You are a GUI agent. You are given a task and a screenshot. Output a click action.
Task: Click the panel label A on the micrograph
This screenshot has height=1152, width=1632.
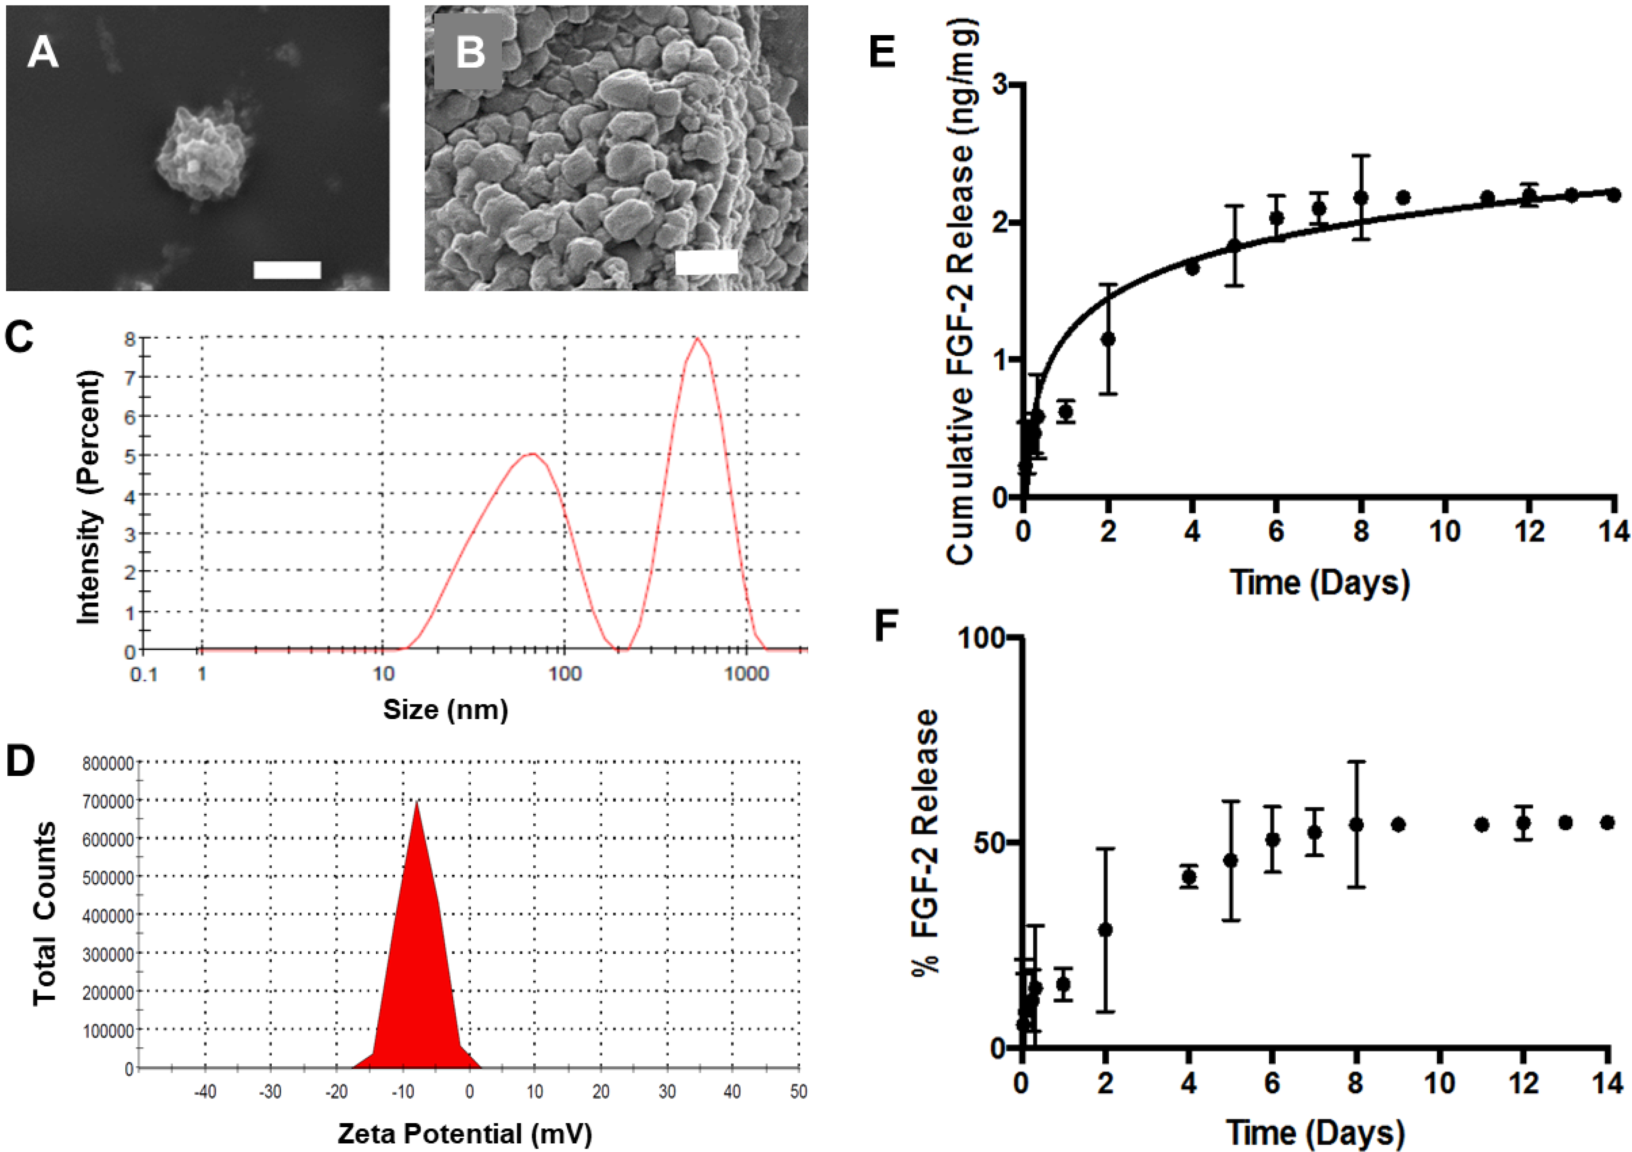tap(42, 53)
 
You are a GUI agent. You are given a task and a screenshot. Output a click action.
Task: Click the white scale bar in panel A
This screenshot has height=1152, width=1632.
tap(287, 269)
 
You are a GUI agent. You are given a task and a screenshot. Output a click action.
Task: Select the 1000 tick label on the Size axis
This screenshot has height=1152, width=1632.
tap(746, 673)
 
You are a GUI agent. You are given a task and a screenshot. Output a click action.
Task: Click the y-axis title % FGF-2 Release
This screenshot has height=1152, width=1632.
tap(925, 843)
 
